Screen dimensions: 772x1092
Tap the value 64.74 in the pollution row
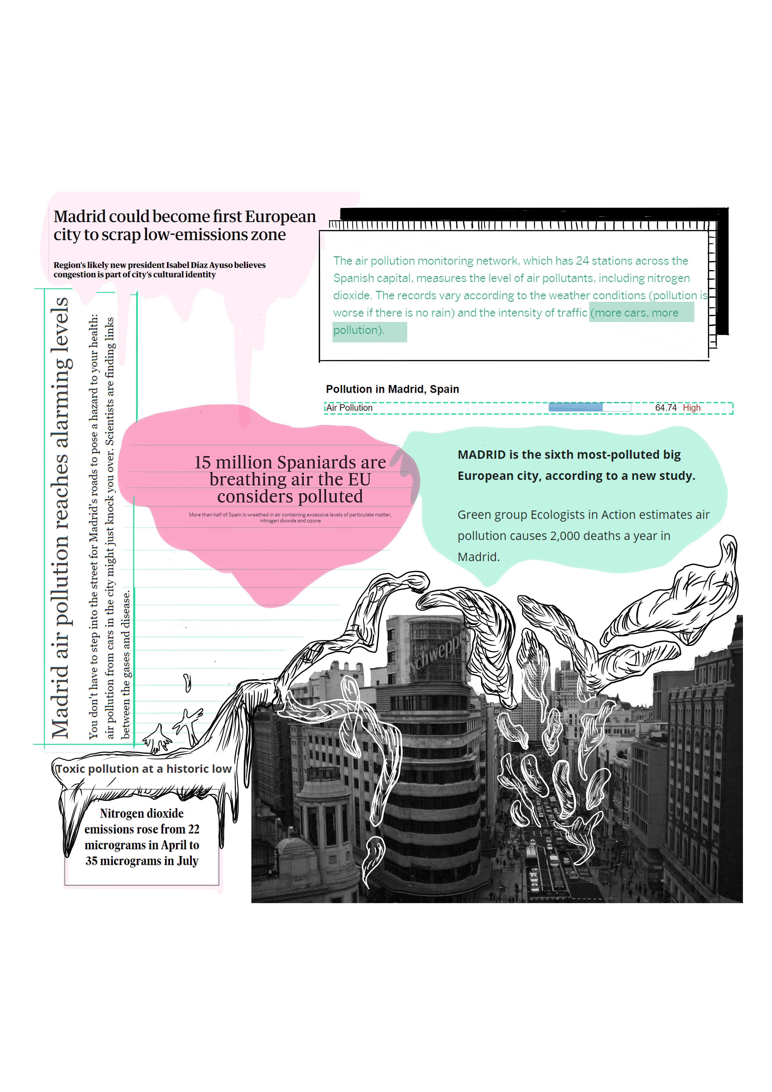coord(665,408)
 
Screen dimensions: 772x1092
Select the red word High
coord(692,408)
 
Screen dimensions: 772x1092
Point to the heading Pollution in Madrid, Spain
coord(392,389)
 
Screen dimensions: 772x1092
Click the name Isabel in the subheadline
coord(178,265)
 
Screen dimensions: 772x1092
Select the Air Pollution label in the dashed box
coord(349,408)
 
